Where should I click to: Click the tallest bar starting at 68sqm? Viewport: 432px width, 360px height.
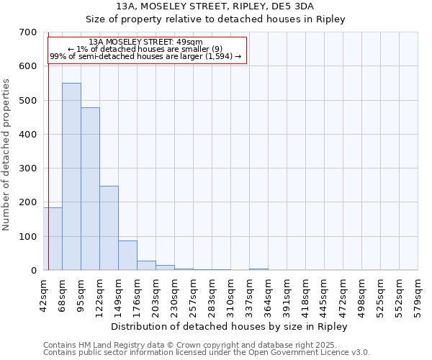tap(71, 176)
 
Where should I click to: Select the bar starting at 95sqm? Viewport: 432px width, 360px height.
tap(90, 189)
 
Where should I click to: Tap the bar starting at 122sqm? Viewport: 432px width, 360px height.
tap(109, 228)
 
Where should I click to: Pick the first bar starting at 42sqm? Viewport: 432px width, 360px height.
tap(53, 238)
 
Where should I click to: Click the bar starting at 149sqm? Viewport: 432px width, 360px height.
tap(127, 255)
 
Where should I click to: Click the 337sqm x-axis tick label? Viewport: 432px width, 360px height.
tap(250, 292)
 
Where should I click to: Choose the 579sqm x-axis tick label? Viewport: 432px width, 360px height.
tap(418, 292)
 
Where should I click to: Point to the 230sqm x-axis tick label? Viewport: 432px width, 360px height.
tap(175, 292)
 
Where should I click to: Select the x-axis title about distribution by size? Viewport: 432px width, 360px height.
tap(230, 326)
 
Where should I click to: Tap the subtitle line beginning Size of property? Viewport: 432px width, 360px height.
tap(215, 19)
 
